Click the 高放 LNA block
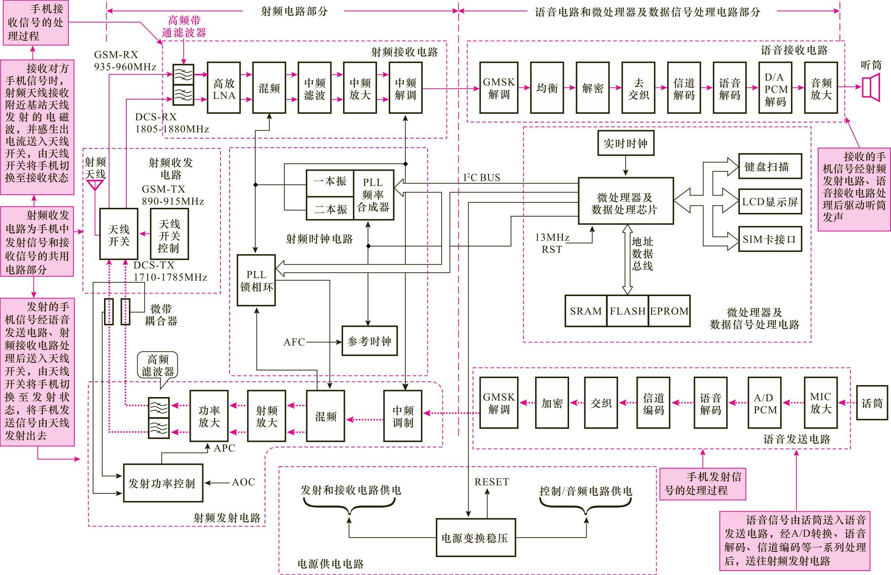point(223,88)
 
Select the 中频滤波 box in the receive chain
point(314,88)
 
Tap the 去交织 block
point(638,88)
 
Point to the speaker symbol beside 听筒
point(871,88)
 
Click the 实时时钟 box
point(625,143)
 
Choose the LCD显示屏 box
point(770,202)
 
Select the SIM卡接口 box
point(770,239)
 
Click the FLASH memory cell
point(627,311)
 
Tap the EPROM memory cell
point(669,311)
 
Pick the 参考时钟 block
point(369,341)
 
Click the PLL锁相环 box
point(256,280)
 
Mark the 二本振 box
point(330,209)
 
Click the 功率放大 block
point(209,416)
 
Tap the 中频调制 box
point(403,416)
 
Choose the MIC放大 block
point(820,403)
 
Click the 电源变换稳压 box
point(475,538)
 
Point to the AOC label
point(243,482)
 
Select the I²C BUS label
point(482,178)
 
